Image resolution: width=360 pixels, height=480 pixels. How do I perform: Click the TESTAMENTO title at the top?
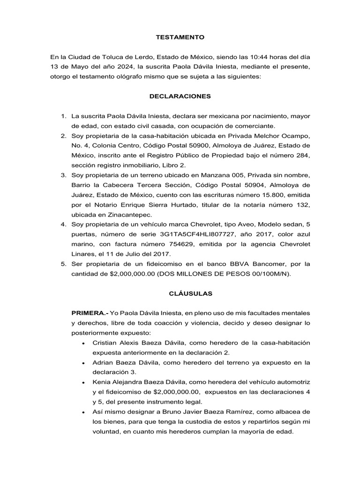[180, 37]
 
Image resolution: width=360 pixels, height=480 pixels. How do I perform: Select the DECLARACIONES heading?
[180, 96]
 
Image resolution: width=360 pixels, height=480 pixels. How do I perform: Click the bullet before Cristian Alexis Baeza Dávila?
[83, 344]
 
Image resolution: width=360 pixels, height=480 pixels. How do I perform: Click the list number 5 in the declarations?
[63, 263]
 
